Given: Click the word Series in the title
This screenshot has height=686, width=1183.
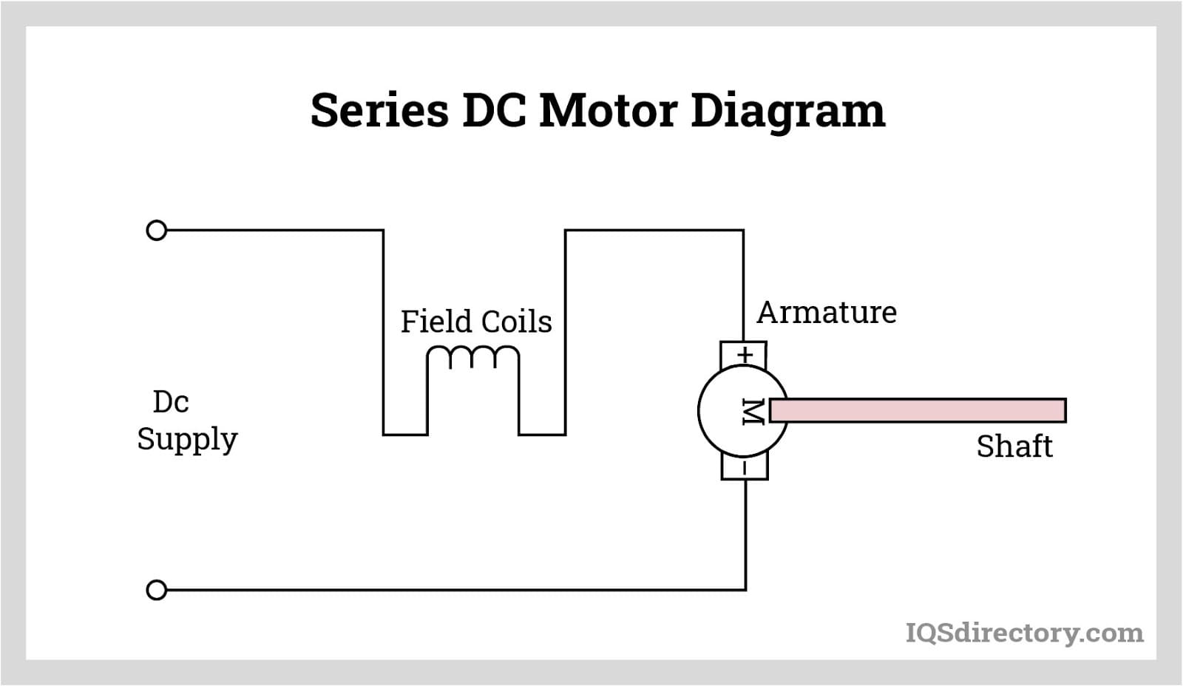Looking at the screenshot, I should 379,111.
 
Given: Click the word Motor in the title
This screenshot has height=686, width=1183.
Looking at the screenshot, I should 608,111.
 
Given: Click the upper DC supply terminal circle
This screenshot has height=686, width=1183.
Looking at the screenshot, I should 156,231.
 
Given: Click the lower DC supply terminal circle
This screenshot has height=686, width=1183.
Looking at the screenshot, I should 156,590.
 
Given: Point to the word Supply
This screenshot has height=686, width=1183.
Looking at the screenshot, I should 187,440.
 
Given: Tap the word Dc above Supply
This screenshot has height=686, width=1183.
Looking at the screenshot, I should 171,402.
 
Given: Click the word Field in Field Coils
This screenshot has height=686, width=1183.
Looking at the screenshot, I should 435,322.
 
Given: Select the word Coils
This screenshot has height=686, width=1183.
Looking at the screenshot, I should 515,322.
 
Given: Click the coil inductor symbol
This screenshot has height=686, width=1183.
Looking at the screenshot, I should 473,358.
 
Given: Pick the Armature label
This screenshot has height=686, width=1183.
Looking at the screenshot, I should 827,313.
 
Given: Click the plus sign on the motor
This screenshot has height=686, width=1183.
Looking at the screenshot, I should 745,355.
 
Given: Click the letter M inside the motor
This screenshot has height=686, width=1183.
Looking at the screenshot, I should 751,411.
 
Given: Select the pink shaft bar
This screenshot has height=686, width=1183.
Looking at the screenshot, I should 917,410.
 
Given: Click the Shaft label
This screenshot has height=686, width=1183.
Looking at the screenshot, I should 1014,446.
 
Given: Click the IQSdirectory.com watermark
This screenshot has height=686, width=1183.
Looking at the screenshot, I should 1024,633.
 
